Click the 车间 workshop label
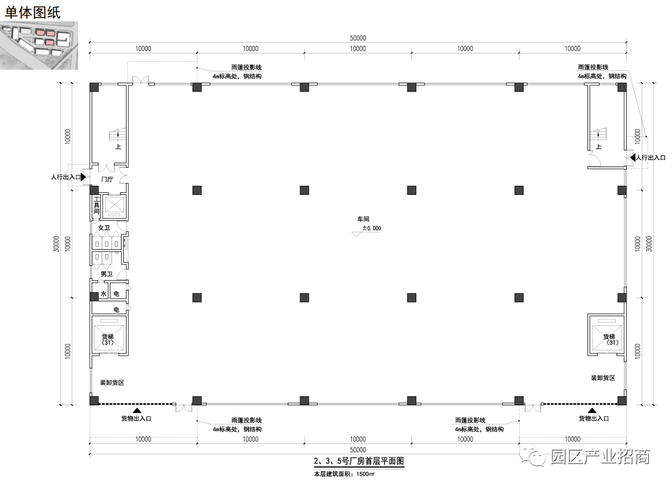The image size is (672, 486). [x=363, y=219]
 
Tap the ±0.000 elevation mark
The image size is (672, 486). [x=372, y=228]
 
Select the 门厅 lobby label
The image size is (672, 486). [x=107, y=179]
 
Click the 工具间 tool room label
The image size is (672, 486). [x=96, y=205]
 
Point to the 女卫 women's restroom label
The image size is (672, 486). [x=104, y=228]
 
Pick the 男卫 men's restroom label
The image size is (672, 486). [x=107, y=274]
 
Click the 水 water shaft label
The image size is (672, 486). [x=103, y=294]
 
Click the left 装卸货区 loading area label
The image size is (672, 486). [x=112, y=383]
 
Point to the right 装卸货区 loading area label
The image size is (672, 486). [x=603, y=378]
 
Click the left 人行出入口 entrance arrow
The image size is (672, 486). [x=83, y=177]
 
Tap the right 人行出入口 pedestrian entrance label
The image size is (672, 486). [x=651, y=157]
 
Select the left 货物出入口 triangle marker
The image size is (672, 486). [x=137, y=410]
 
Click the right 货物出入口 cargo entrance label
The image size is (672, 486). [x=594, y=418]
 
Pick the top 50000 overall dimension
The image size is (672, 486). [x=358, y=38]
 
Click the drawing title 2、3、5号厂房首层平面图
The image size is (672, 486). [x=359, y=461]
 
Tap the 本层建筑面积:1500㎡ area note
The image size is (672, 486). [x=344, y=474]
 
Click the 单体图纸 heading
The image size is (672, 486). [x=32, y=12]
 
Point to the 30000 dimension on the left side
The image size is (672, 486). [x=56, y=244]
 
